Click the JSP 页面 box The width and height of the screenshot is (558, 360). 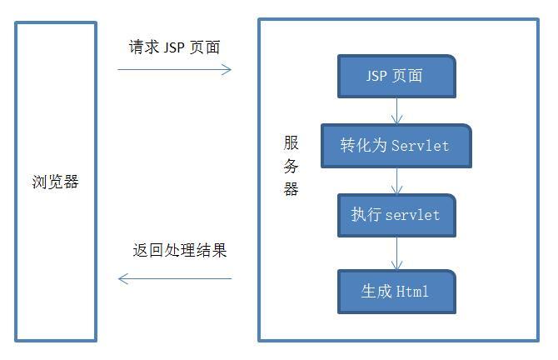coord(396,77)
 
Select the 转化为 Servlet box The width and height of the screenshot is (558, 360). coord(396,146)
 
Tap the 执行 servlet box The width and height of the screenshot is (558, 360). coord(396,215)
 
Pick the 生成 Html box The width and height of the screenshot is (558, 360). coord(396,292)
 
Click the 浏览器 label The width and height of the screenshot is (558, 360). coord(55,182)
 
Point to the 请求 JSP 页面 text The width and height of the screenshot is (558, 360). coord(174,47)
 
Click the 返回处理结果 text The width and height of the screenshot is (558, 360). coord(180,250)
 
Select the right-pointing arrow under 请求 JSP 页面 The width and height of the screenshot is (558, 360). coord(174,70)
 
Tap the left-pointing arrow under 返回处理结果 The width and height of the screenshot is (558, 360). coord(174,278)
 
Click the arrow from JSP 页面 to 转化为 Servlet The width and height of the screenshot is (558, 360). coord(396,111)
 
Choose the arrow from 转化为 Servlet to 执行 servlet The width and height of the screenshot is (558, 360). coord(396,181)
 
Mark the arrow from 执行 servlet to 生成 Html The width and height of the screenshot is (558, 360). coord(396,252)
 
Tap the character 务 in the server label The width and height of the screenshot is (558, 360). coord(291,166)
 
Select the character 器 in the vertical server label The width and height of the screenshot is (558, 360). coord(291,188)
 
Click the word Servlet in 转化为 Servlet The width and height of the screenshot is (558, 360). coord(421,146)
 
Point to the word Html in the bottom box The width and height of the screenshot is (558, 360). coord(412,292)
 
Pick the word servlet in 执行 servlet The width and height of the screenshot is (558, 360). coord(413,215)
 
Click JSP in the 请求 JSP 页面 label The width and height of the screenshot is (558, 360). coord(174,47)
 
